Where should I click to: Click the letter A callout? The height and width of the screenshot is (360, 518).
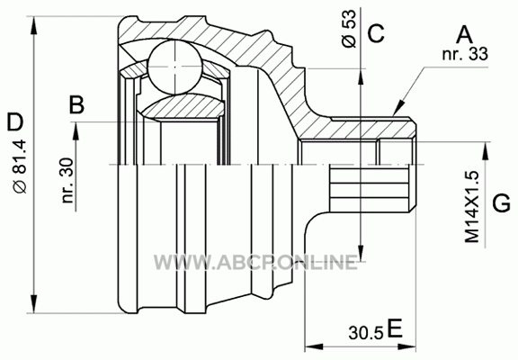(x=464, y=35)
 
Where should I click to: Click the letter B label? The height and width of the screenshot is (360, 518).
(x=76, y=104)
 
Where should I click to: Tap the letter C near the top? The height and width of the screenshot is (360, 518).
(x=376, y=33)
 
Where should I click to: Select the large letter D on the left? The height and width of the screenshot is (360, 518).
(x=15, y=121)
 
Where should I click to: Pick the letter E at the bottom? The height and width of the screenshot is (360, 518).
(x=395, y=328)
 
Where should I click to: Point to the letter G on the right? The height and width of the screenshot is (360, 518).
(x=502, y=202)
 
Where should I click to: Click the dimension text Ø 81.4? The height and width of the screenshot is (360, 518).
(x=20, y=166)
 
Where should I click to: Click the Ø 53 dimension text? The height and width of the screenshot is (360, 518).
(x=350, y=29)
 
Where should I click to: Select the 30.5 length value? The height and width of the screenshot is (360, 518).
(x=366, y=333)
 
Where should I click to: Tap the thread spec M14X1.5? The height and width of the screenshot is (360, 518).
(x=472, y=207)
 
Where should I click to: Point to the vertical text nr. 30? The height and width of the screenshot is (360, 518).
(x=67, y=180)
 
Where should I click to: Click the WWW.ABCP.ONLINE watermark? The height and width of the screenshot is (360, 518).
(x=255, y=263)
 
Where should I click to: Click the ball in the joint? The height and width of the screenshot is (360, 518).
(x=174, y=67)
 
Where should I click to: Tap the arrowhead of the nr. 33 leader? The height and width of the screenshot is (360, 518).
(x=398, y=108)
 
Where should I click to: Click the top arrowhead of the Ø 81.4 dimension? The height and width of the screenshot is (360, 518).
(x=33, y=25)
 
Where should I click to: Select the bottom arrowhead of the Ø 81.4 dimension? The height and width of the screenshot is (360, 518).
(x=33, y=303)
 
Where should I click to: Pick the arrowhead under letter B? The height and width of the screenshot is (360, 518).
(x=76, y=131)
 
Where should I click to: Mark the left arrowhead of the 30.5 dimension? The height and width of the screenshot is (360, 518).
(x=314, y=346)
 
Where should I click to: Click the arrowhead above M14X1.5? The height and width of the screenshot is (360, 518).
(x=485, y=151)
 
